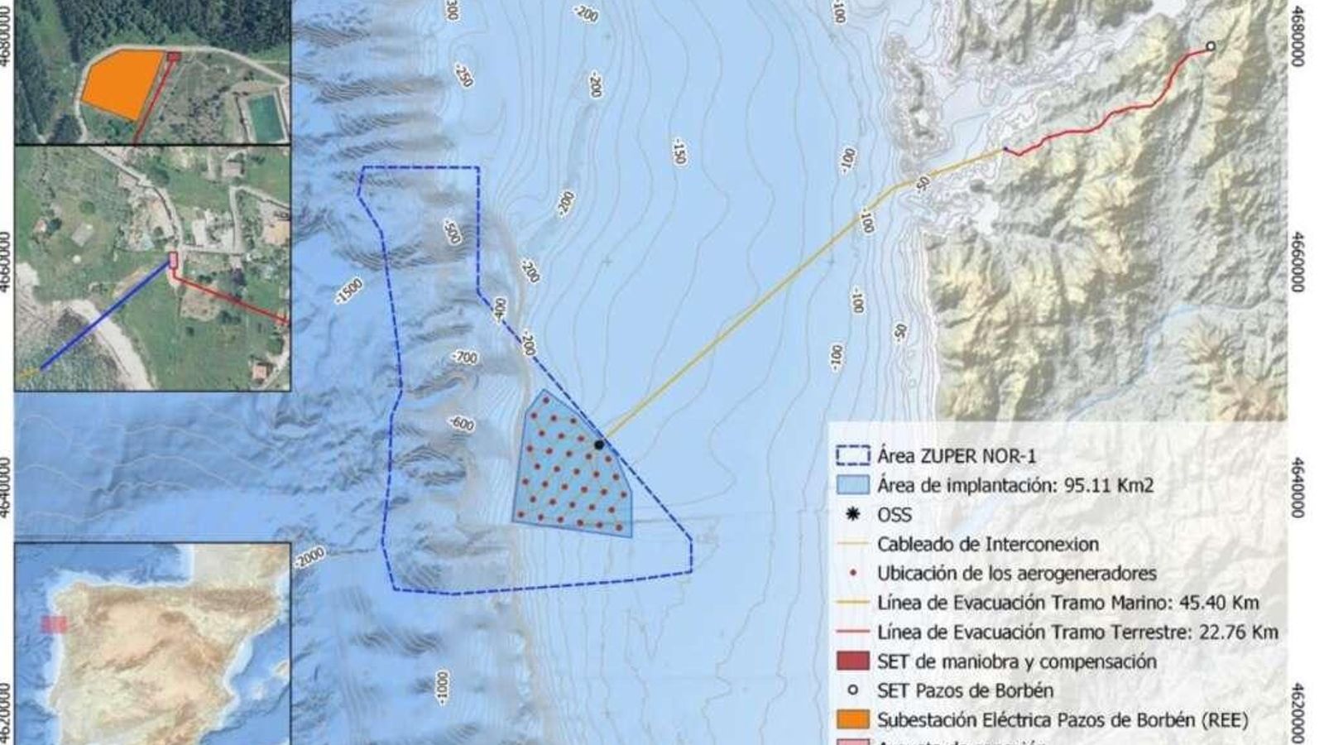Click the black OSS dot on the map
coord(598,445)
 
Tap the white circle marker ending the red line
coord(1211,46)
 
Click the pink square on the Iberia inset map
coord(55,624)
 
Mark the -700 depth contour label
coord(465,357)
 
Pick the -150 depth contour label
coord(679,151)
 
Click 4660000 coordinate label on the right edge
coord(1297,262)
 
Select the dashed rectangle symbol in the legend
coord(852,455)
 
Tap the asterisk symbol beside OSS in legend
coord(852,515)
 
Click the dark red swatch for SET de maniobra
coord(852,661)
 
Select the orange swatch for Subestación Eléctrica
coord(852,719)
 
